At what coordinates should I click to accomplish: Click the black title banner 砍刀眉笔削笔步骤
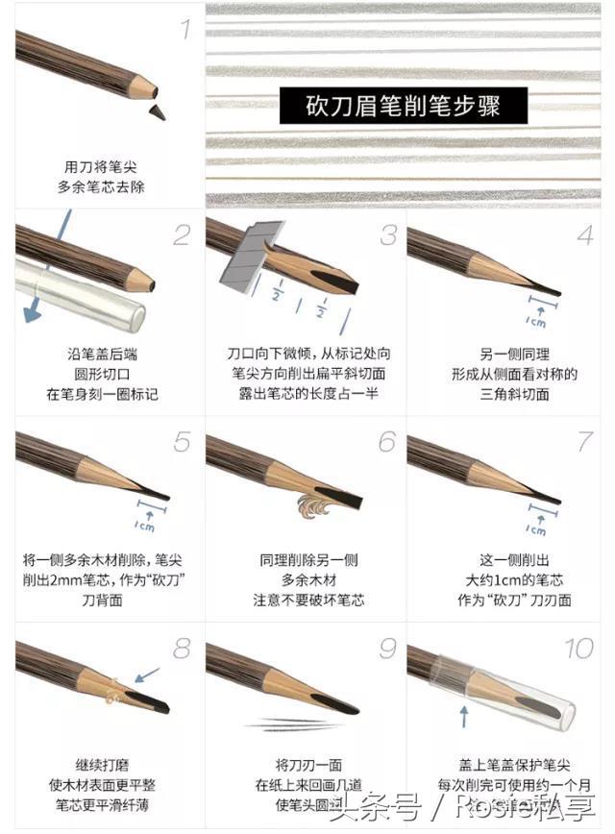pos(404,104)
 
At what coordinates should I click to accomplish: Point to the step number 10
pos(578,649)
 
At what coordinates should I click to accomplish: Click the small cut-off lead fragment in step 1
pos(154,112)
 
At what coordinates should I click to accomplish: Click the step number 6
pos(386,442)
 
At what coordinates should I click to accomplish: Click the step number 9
pos(386,649)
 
